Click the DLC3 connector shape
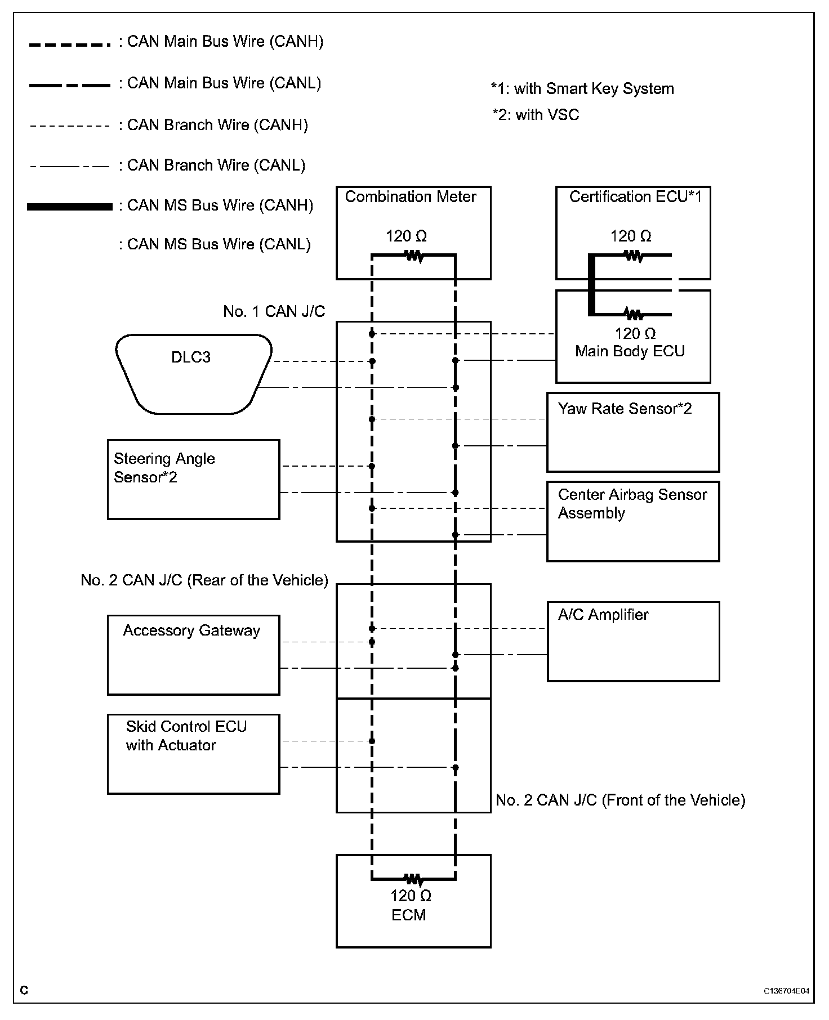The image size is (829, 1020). click(x=193, y=374)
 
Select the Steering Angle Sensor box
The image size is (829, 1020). click(x=193, y=479)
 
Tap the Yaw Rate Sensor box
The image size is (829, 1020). click(x=633, y=432)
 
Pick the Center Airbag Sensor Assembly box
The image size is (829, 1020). click(x=633, y=521)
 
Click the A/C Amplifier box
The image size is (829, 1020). click(x=633, y=641)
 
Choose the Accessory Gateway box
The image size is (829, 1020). click(x=193, y=655)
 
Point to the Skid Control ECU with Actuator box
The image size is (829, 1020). click(x=193, y=754)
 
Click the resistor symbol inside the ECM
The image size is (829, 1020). click(x=413, y=878)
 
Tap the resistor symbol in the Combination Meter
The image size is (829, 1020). click(x=414, y=256)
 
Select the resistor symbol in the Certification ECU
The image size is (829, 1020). click(x=634, y=256)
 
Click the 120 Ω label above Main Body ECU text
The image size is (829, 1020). click(x=635, y=333)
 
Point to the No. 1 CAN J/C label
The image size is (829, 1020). click(x=274, y=311)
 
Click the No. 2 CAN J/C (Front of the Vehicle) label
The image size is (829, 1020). click(x=620, y=800)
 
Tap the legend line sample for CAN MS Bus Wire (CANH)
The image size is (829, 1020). click(x=70, y=207)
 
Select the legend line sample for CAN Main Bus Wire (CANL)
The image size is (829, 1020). click(x=70, y=86)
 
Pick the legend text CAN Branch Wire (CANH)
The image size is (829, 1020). click(x=217, y=125)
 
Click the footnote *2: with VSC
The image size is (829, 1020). click(x=536, y=115)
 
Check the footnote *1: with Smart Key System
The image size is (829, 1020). click(x=582, y=89)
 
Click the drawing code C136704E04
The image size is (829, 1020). click(x=786, y=991)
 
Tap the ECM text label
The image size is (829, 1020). click(x=409, y=915)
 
